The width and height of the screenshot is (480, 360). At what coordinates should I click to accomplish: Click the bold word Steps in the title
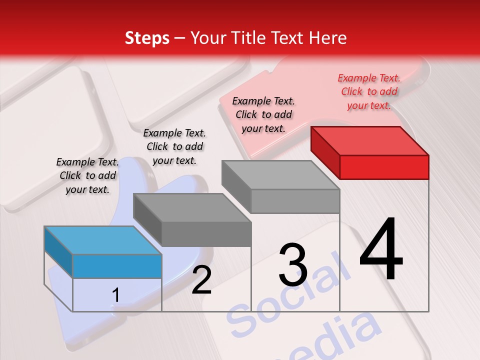click(147, 38)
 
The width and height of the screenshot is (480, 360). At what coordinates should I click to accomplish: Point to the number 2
click(201, 280)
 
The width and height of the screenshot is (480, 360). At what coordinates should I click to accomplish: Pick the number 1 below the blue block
click(115, 295)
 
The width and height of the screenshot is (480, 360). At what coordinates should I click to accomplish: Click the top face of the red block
click(370, 141)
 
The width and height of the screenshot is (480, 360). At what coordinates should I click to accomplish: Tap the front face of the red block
click(384, 167)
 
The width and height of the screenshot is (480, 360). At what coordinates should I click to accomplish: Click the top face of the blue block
click(103, 240)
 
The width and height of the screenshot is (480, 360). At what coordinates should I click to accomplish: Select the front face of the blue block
click(117, 266)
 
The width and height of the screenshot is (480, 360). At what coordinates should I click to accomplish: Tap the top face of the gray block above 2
click(192, 208)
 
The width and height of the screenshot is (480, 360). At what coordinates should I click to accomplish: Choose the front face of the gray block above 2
click(206, 234)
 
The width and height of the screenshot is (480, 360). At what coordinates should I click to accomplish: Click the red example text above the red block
click(369, 91)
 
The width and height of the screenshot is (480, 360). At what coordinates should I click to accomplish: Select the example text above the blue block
click(87, 175)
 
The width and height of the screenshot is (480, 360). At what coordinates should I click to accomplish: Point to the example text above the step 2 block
click(174, 146)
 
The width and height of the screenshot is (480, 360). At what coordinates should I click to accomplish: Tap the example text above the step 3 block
click(263, 114)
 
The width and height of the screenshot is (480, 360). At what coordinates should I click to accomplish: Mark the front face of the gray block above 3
click(295, 201)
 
